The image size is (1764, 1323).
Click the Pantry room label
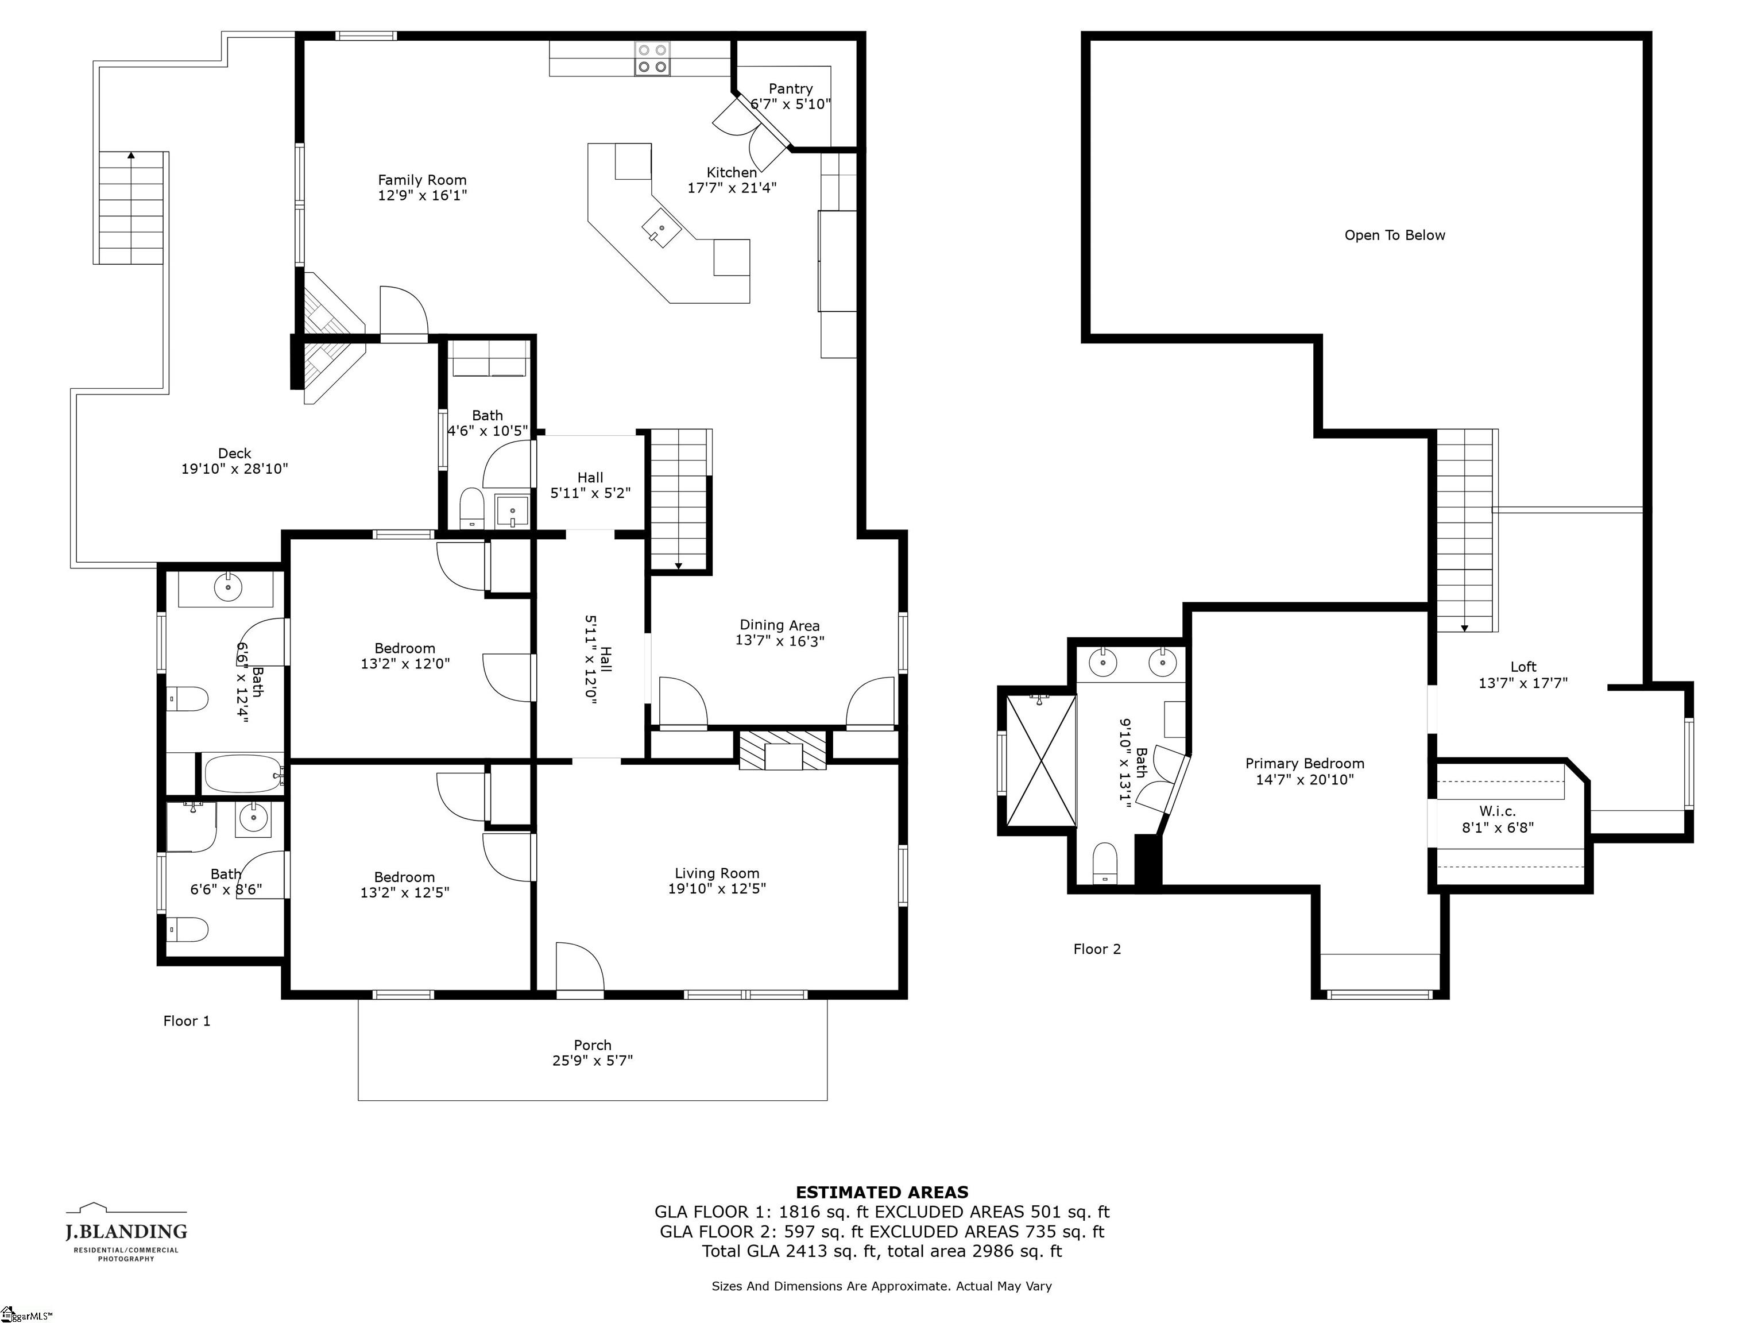(790, 88)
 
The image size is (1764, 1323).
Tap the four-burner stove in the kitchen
(652, 58)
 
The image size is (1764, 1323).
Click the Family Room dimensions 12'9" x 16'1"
(422, 195)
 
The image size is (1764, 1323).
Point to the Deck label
(234, 453)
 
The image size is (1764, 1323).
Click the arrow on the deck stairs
(131, 156)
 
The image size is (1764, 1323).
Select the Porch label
(593, 1045)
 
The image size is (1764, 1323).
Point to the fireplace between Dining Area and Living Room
(782, 751)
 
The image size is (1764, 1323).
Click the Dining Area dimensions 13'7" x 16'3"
(779, 640)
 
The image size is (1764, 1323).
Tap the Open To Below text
(1394, 235)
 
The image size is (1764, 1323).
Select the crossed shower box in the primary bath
(1040, 761)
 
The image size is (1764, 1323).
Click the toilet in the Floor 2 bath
(1104, 863)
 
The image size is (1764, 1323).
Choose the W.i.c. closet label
(1497, 811)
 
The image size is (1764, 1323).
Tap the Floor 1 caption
(187, 1021)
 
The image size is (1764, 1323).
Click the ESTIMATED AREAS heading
(881, 1192)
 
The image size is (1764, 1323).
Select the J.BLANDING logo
(126, 1232)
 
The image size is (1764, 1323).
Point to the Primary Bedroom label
(1304, 763)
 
